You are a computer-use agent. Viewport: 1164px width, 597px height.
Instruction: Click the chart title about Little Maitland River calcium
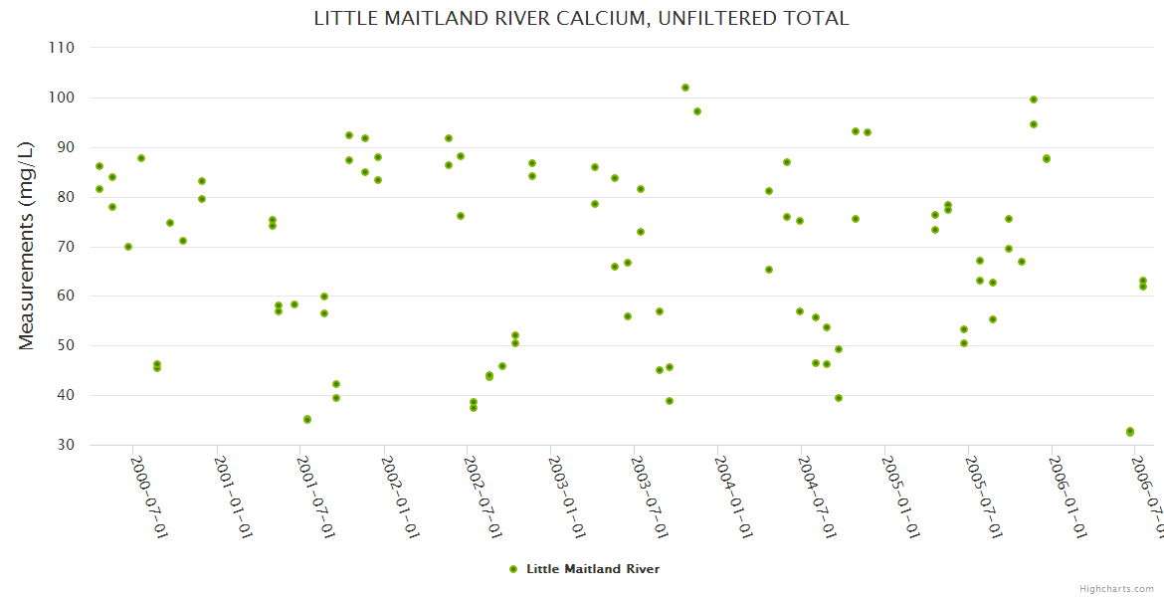[x=581, y=19]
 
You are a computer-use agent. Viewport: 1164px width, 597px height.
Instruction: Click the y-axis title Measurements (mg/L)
[x=27, y=247]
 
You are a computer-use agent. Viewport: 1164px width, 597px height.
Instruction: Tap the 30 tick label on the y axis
[x=66, y=445]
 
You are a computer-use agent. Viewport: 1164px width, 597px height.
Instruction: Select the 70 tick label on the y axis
[x=66, y=247]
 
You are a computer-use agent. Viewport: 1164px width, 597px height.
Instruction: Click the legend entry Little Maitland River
[x=592, y=569]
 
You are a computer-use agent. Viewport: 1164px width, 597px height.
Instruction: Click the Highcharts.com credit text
[x=1117, y=589]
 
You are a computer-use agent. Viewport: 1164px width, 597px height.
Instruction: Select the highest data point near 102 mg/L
[x=685, y=88]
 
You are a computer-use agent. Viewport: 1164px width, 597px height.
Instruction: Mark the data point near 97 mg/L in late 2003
[x=697, y=111]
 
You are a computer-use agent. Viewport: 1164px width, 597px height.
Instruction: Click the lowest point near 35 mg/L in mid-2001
[x=307, y=420]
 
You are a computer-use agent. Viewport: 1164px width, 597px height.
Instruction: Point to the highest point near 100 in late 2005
[x=1034, y=99]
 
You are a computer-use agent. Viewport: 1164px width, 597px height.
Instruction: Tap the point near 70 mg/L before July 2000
[x=128, y=247]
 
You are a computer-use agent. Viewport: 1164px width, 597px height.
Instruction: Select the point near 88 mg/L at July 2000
[x=141, y=158]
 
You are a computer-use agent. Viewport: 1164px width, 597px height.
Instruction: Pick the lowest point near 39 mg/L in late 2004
[x=839, y=398]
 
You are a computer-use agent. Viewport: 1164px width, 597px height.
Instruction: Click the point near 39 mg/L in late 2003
[x=670, y=401]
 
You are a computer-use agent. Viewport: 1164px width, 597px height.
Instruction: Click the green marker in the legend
[x=513, y=569]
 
